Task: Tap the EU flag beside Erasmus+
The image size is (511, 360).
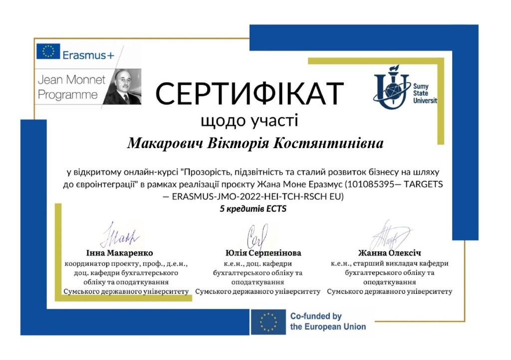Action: coord(48,52)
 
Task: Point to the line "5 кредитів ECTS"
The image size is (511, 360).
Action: coord(253,209)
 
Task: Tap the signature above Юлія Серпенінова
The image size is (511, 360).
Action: coord(258,234)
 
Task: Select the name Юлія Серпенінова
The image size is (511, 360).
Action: coord(257,253)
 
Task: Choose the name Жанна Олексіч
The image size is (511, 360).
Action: coord(390,253)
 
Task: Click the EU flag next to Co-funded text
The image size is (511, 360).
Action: coord(268,322)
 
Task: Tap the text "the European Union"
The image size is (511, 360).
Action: coord(328,327)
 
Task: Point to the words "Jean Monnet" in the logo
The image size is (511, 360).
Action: coord(70,80)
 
